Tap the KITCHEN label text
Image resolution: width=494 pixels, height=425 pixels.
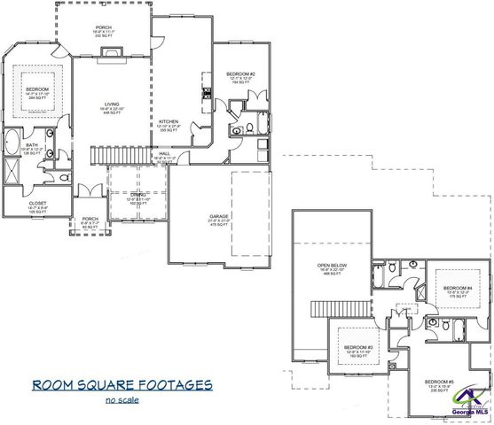pyautogui.click(x=169, y=122)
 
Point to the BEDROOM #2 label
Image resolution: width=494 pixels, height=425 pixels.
pyautogui.click(x=240, y=73)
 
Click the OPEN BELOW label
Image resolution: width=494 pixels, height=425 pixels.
pyautogui.click(x=332, y=267)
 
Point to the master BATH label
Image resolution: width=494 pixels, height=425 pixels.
pyautogui.click(x=33, y=145)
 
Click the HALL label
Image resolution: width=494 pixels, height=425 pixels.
pyautogui.click(x=164, y=153)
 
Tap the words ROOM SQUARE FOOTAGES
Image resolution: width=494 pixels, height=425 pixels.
pyautogui.click(x=123, y=385)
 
